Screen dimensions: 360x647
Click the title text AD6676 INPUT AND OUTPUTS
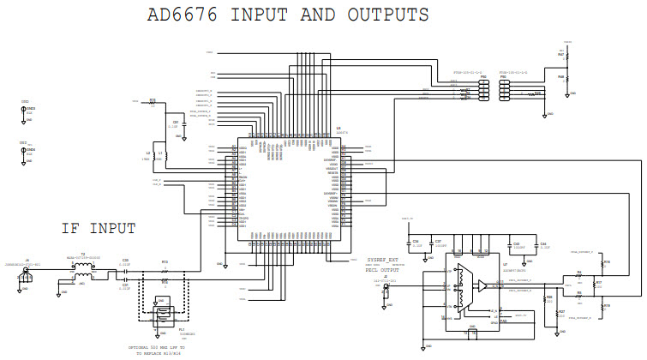click(288, 15)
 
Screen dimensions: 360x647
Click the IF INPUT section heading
click(98, 228)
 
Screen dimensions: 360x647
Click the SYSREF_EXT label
click(383, 257)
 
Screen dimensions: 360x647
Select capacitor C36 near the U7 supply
click(415, 247)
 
